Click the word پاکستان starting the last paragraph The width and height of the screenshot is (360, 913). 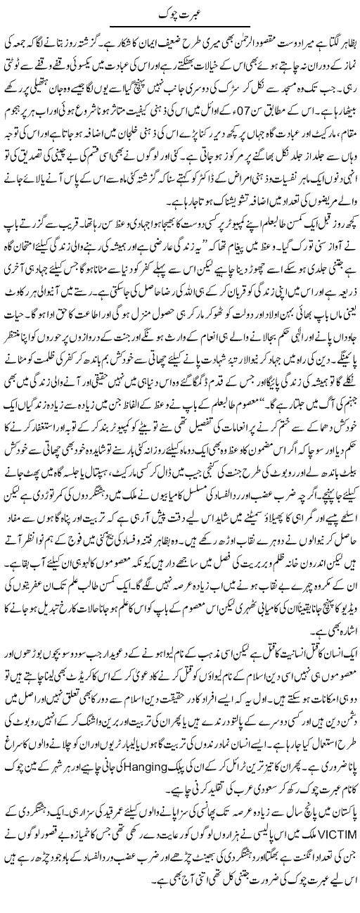tap(338, 836)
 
